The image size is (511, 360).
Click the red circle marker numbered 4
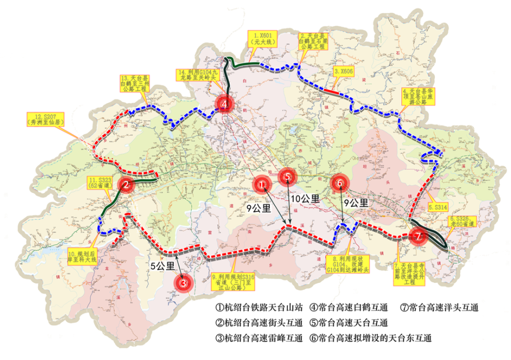224,104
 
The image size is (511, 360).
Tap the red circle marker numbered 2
126,185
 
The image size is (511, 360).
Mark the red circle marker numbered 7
418,236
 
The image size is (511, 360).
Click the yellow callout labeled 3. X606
343,72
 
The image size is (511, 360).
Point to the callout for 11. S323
101,183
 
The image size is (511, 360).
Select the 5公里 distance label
162,266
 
